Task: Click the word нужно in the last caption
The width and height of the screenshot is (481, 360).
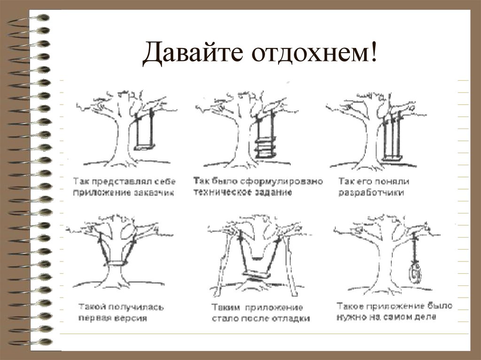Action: [x=352, y=317]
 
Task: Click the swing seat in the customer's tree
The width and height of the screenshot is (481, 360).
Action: [x=144, y=147]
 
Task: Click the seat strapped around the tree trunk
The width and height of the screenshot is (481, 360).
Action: [x=117, y=262]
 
